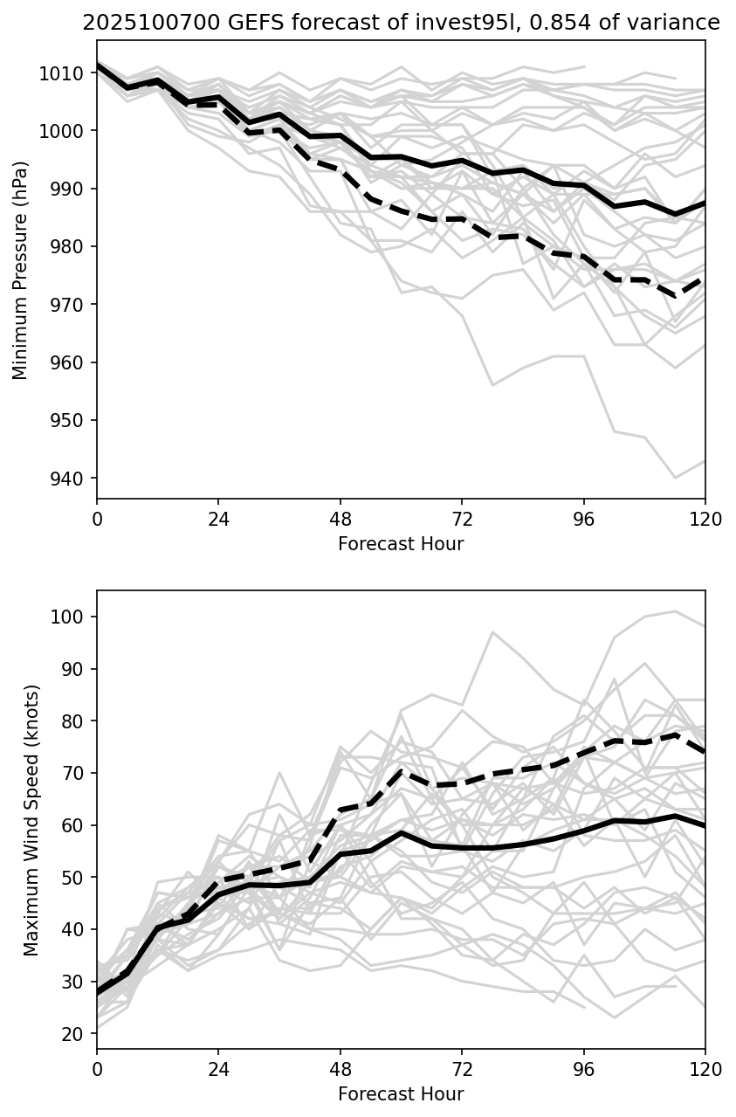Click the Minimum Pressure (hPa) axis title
(21, 270)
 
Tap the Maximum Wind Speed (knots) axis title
(31, 820)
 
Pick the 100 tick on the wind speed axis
(74, 617)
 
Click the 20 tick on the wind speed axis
(78, 1034)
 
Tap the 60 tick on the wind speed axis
(78, 825)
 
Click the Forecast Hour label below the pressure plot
(401, 545)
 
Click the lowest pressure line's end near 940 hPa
(675, 478)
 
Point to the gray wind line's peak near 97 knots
(492, 632)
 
